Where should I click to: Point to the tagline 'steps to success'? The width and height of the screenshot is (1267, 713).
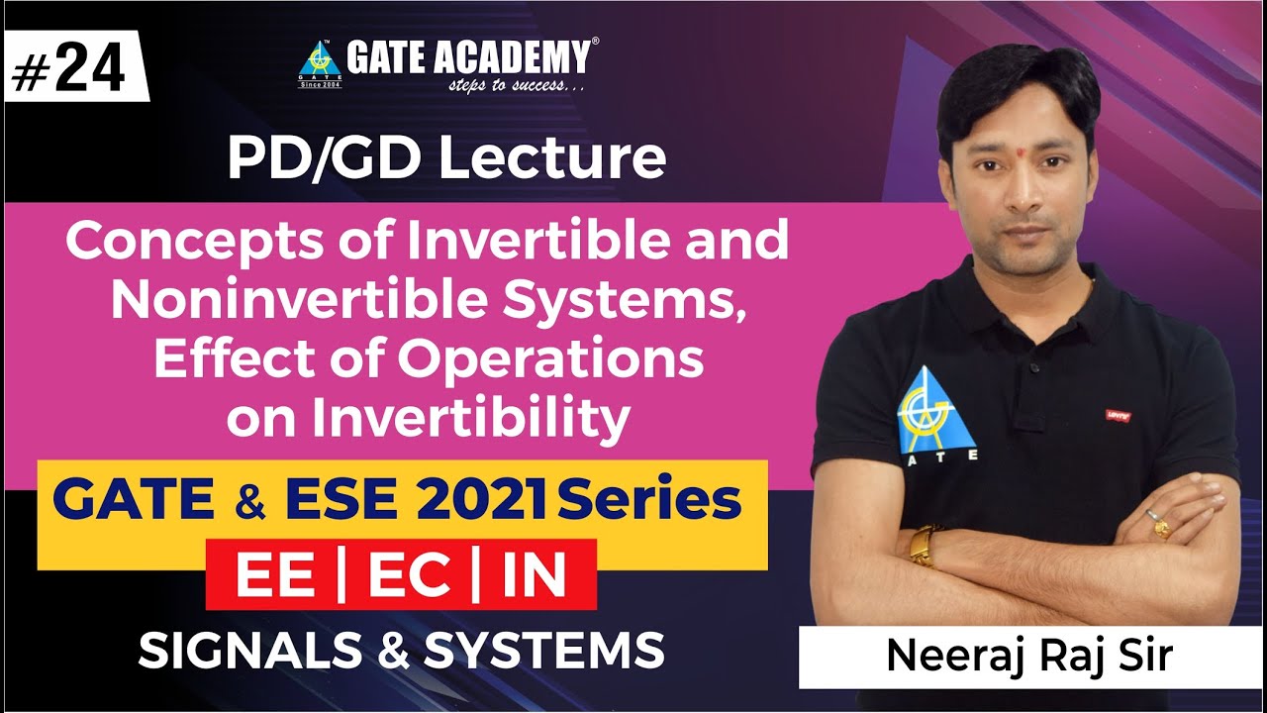pyautogui.click(x=516, y=87)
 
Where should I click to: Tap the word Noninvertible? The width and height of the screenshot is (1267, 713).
pyautogui.click(x=301, y=300)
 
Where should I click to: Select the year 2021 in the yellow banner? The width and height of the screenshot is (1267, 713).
pyautogui.click(x=482, y=501)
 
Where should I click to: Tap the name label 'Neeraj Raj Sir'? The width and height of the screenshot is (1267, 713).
pyautogui.click(x=1029, y=656)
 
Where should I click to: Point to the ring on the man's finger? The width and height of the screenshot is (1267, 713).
pyautogui.click(x=1159, y=522)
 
